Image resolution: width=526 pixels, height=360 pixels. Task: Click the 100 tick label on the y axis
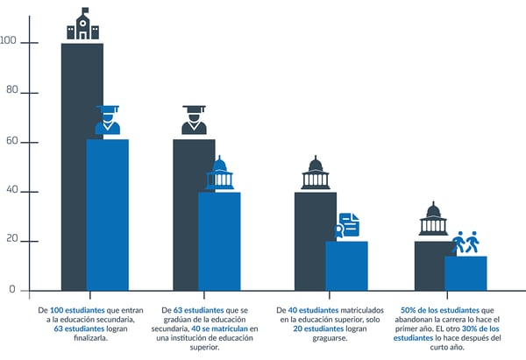point(10,42)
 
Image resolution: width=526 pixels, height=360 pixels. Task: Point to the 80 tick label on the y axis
point(12,92)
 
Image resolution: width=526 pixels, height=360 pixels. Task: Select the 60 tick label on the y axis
point(12,142)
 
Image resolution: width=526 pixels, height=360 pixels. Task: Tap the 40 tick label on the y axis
point(12,191)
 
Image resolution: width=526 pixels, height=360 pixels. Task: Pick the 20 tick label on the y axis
point(12,241)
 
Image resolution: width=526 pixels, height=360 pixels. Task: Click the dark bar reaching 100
point(74,166)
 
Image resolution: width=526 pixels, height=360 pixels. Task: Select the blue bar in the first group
point(107,215)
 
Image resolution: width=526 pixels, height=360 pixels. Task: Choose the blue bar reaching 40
point(219,241)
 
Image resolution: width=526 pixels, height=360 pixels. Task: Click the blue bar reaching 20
point(346,265)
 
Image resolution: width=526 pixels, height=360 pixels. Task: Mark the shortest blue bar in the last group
point(466,272)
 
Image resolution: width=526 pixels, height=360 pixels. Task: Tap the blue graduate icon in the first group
point(108,121)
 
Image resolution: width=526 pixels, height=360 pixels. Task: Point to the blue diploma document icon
point(347,225)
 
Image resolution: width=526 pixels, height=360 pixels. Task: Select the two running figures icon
point(466,243)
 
